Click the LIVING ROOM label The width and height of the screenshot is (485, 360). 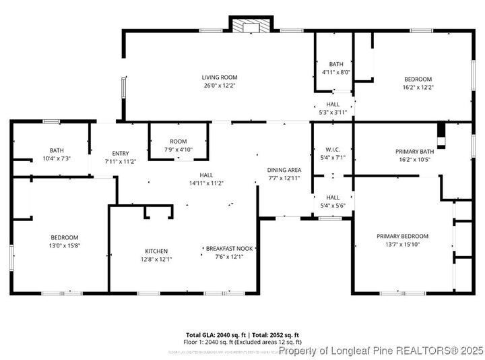(220, 78)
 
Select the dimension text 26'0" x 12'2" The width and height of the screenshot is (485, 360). (220, 86)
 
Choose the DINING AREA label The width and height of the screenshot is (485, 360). (284, 170)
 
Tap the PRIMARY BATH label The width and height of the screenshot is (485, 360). (414, 152)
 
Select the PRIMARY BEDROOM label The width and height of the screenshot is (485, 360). (402, 236)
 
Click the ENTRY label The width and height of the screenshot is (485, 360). (121, 154)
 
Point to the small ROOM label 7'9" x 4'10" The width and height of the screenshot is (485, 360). (179, 141)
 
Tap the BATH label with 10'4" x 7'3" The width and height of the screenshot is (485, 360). (56, 150)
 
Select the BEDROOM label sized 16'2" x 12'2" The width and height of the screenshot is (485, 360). (418, 79)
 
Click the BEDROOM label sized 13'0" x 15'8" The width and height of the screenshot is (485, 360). (65, 237)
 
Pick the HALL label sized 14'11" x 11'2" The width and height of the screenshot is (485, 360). (206, 175)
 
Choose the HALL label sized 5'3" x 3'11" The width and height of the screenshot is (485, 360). (333, 104)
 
